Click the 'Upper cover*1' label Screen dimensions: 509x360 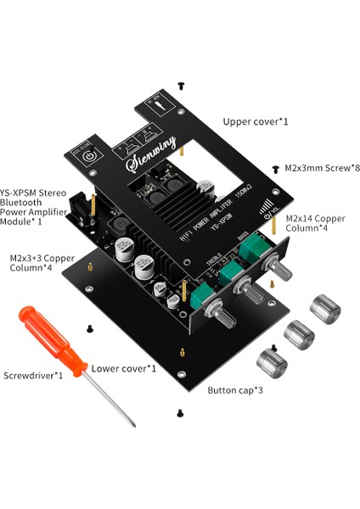click(x=256, y=122)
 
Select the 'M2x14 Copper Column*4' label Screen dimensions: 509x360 click(x=316, y=224)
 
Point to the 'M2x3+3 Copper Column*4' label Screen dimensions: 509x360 click(x=40, y=262)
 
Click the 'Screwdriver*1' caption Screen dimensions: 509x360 click(x=33, y=374)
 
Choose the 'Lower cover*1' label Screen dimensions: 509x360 click(x=124, y=368)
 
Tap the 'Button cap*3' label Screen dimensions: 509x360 click(x=235, y=391)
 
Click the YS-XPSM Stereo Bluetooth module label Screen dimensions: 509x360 click(x=31, y=206)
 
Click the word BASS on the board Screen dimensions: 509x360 click(x=242, y=237)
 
